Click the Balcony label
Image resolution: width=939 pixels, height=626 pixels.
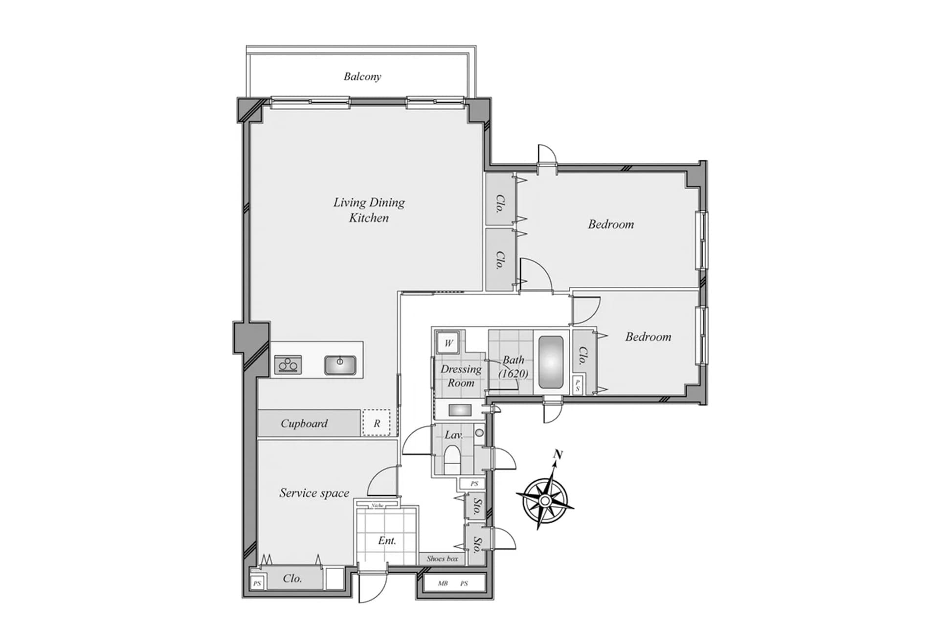[362, 76]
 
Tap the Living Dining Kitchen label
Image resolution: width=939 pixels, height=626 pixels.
[369, 210]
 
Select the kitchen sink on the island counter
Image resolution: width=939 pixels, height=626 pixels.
[340, 365]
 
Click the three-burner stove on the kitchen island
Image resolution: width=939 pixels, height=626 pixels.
[288, 365]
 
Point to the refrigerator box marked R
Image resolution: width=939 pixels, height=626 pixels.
[376, 423]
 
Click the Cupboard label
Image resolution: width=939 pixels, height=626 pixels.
[304, 423]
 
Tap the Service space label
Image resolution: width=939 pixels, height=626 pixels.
[314, 492]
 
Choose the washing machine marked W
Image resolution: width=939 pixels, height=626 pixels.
[448, 343]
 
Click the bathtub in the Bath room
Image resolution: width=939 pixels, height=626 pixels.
[551, 362]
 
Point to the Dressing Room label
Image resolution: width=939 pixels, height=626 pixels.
[461, 376]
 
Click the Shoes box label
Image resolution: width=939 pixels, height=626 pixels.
[442, 559]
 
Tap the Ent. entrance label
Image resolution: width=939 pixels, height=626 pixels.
[387, 540]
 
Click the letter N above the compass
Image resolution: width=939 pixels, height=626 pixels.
[558, 454]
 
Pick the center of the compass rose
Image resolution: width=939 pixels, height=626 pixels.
[545, 500]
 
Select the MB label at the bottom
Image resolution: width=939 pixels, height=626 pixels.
[443, 583]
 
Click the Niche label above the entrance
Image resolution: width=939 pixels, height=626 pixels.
[377, 505]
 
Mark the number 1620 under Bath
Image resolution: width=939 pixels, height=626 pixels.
[514, 374]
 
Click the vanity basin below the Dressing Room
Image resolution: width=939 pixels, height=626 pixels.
[460, 410]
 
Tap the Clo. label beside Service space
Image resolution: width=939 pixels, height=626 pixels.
[292, 578]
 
